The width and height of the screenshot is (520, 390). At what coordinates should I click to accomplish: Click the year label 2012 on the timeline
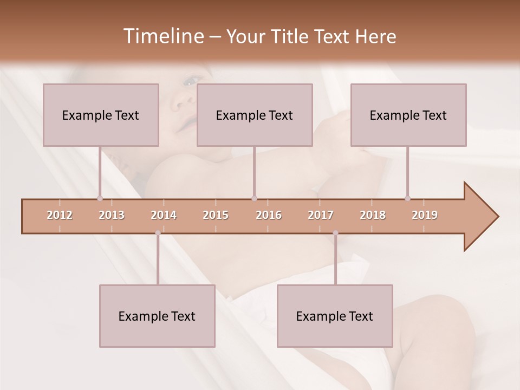coord(60,215)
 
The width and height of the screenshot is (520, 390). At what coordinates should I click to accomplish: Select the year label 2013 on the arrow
coord(112,215)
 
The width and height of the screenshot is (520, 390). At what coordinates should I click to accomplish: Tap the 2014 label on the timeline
coord(164,215)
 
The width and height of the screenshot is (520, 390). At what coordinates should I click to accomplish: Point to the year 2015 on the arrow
coord(216,215)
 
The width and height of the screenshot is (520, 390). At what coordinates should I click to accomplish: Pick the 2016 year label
coord(269,215)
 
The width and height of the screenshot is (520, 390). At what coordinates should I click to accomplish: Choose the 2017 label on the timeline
coord(321,215)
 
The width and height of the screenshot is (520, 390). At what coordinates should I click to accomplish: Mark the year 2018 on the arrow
coord(373,215)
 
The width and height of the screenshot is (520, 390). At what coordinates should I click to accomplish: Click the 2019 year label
coord(425,215)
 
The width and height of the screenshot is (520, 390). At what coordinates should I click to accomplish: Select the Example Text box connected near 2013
coord(101,115)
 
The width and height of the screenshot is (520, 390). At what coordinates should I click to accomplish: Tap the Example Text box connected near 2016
coord(255,115)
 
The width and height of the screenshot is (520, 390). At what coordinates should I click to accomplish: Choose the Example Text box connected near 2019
coord(408,115)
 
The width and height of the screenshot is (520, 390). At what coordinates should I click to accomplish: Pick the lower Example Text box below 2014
coord(157,316)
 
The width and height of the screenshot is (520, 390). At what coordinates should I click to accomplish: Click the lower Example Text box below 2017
coord(335,316)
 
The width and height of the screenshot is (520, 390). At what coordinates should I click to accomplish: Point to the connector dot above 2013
coord(100,198)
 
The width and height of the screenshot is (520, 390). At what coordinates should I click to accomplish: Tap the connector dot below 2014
coord(158,233)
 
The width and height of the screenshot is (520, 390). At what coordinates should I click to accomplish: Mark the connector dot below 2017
coord(335,233)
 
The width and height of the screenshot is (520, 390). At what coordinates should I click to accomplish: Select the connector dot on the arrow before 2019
coord(407,198)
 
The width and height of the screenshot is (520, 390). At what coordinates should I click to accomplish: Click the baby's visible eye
coord(190,81)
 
